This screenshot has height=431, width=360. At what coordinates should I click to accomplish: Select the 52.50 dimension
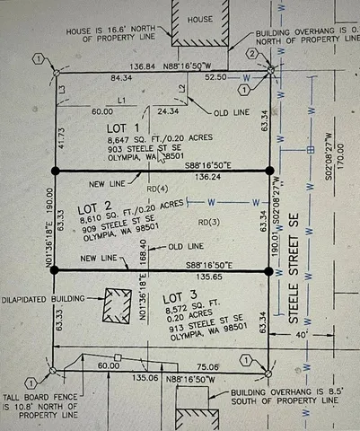tap(216, 79)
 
